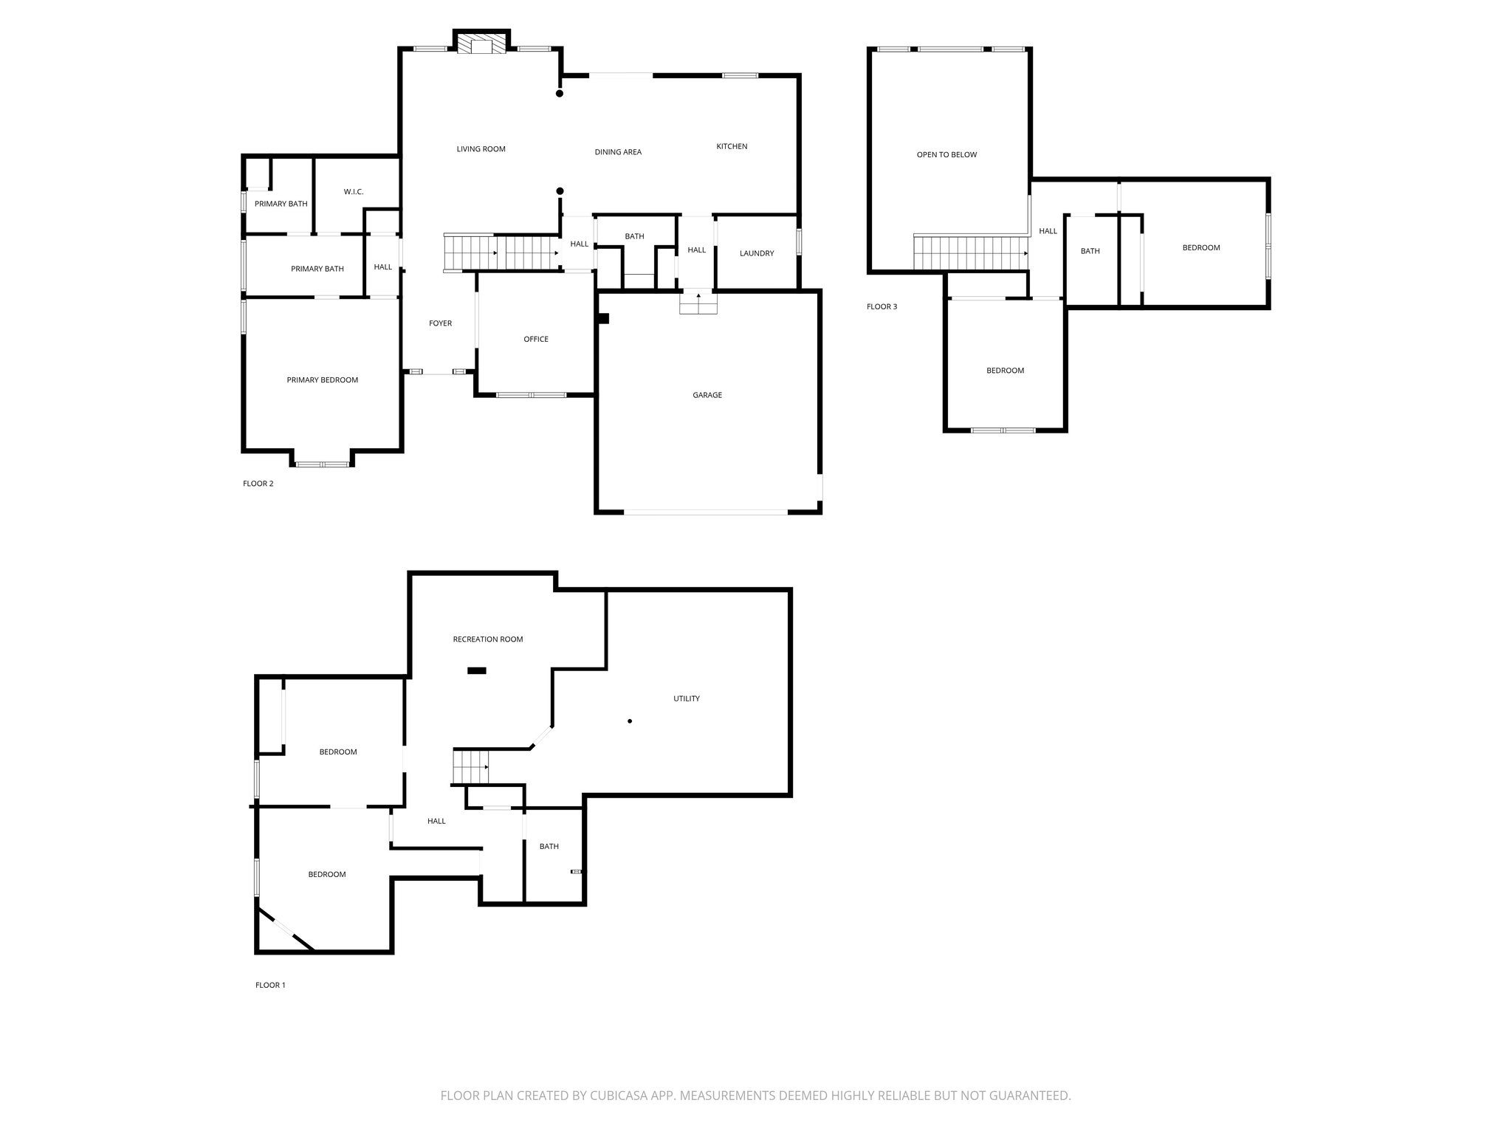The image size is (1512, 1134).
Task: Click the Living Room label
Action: point(481,149)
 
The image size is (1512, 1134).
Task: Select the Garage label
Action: point(707,395)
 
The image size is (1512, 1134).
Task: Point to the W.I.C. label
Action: point(354,192)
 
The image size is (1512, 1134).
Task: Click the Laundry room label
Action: point(757,253)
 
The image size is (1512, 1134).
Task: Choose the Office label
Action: point(536,339)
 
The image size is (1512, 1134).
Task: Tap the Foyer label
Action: point(441,323)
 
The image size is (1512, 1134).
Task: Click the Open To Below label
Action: point(946,155)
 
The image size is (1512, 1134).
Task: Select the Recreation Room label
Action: point(488,639)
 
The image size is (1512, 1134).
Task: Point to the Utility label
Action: point(687,698)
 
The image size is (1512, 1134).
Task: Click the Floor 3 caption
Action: point(882,306)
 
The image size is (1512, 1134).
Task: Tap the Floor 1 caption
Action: point(270,985)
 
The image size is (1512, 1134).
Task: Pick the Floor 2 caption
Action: point(258,484)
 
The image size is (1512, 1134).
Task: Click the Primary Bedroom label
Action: point(323,380)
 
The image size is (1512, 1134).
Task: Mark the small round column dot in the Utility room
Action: point(630,721)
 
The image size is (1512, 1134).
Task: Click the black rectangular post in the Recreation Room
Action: point(477,670)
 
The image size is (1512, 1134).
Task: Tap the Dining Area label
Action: point(618,152)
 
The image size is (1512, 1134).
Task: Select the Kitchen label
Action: point(732,146)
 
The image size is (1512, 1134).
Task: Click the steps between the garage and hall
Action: point(698,303)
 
